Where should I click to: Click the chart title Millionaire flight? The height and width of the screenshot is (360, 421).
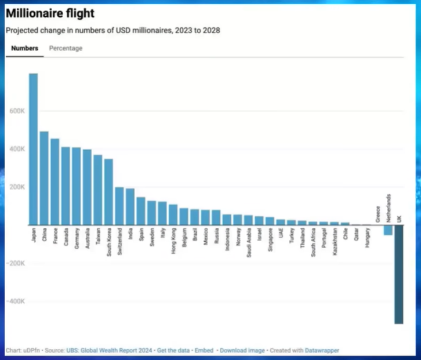pos(50,13)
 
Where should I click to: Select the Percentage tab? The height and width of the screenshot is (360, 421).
pos(66,49)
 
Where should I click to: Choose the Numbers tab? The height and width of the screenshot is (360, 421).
pos(25,49)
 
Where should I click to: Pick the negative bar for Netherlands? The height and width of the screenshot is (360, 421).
pos(388,230)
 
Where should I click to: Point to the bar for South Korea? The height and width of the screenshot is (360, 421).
pos(108,192)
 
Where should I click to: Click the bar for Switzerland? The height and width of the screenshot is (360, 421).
pos(119,206)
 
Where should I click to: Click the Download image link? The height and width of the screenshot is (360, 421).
pos(242,351)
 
